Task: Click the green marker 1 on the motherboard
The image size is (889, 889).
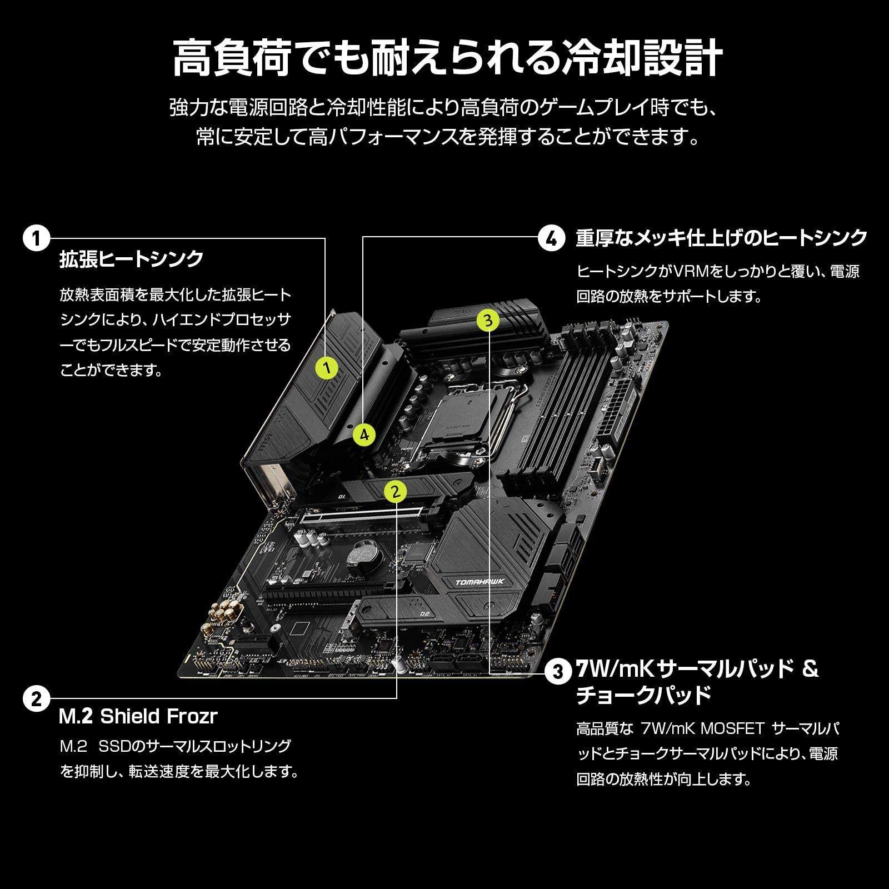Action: click(x=327, y=367)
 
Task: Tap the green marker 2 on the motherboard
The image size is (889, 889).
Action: click(x=395, y=491)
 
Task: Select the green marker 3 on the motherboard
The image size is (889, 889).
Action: click(x=487, y=320)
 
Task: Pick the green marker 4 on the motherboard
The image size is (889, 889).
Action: click(x=364, y=434)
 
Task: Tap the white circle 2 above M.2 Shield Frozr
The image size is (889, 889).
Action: click(x=36, y=698)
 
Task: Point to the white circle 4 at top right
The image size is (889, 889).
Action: click(x=551, y=239)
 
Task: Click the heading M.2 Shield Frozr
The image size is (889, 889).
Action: click(x=138, y=716)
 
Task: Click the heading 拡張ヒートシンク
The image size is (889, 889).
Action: click(x=132, y=259)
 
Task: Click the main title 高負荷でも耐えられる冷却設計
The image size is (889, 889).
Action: click(x=447, y=58)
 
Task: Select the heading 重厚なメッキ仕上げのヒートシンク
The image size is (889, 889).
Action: click(x=721, y=238)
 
